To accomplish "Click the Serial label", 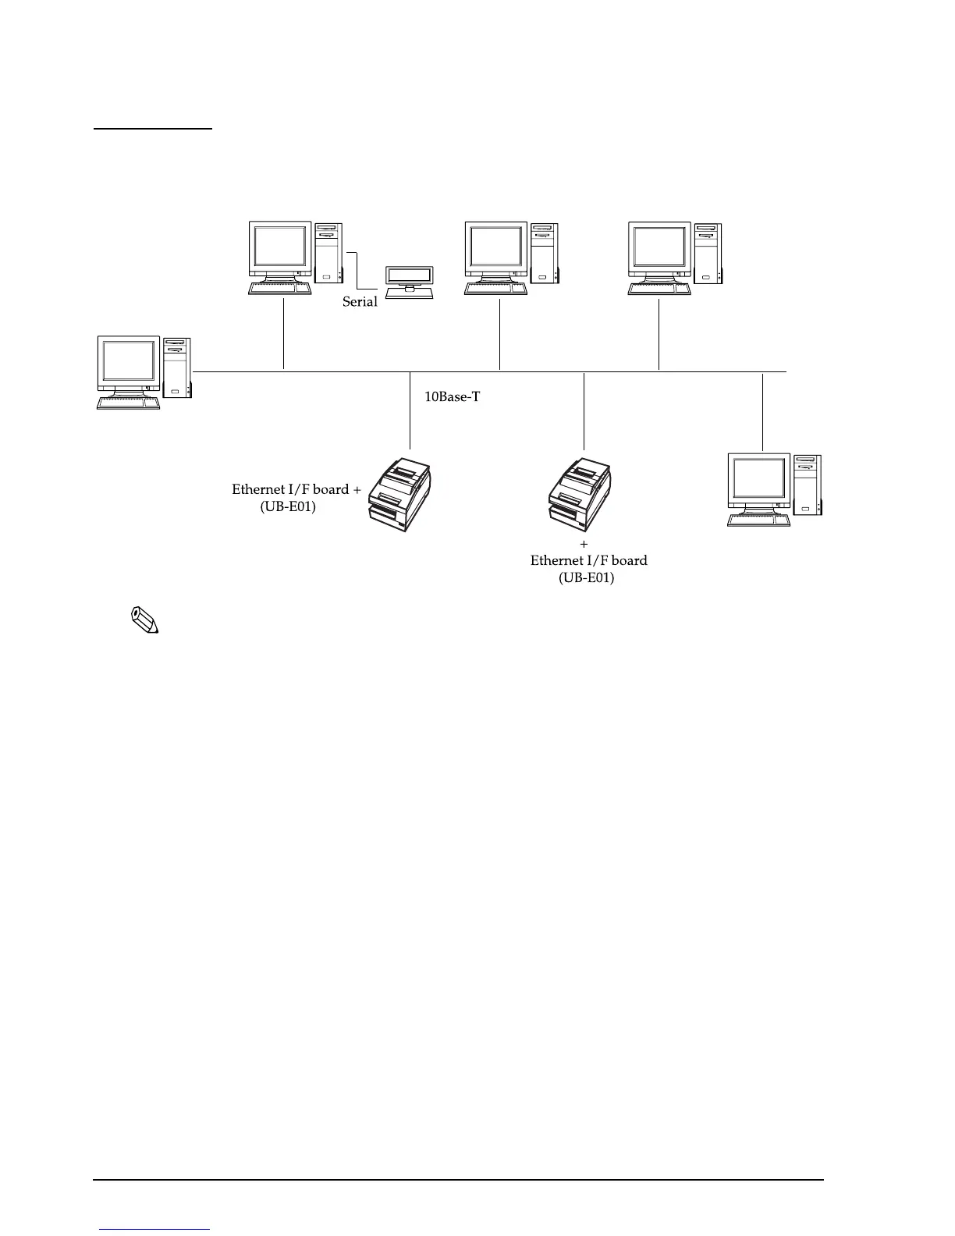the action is pyautogui.click(x=360, y=302).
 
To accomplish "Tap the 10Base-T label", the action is pyautogui.click(x=452, y=397).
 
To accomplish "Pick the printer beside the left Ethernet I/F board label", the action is pyautogui.click(x=399, y=497).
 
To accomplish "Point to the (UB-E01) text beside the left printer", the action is pyautogui.click(x=288, y=506).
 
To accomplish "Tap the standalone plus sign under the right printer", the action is pyautogui.click(x=584, y=544).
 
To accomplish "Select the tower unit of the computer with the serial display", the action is pyautogui.click(x=328, y=252).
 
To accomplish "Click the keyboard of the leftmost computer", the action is pyautogui.click(x=129, y=403).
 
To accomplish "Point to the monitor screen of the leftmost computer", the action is pyautogui.click(x=129, y=364).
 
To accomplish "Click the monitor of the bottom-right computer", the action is pyautogui.click(x=759, y=480).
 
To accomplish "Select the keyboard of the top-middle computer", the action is pyautogui.click(x=496, y=288).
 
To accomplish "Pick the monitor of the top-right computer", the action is pyautogui.click(x=660, y=249).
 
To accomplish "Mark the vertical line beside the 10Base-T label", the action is pyautogui.click(x=410, y=414).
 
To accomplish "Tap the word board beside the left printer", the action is pyautogui.click(x=331, y=489).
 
